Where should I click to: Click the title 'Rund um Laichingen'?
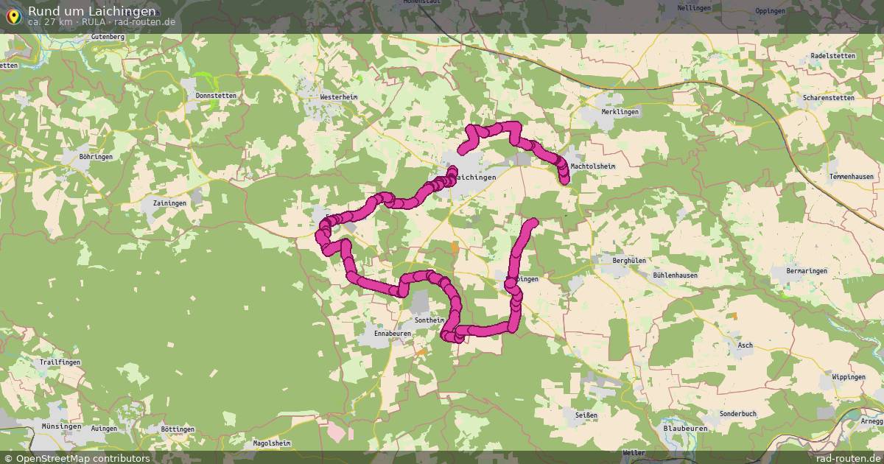[91, 11]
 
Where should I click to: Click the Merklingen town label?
[620, 112]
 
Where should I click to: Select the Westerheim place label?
[338, 97]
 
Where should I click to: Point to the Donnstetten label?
[217, 96]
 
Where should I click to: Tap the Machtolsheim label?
[592, 166]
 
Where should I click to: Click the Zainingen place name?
[170, 203]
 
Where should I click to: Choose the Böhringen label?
[97, 158]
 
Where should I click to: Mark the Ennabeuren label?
[393, 334]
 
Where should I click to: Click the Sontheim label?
[429, 320]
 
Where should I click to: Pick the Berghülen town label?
[629, 261]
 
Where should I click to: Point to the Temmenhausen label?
[851, 177]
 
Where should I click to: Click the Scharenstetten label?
[829, 98]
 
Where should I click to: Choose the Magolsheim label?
[272, 443]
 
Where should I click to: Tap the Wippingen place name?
[848, 377]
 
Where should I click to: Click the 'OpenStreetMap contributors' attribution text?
[83, 458]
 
